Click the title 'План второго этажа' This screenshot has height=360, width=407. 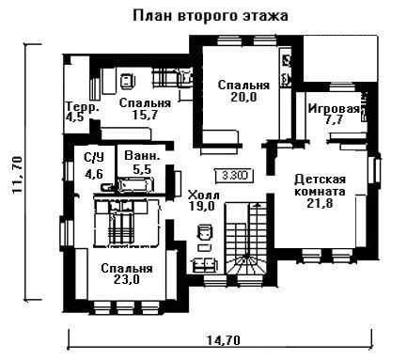(211, 16)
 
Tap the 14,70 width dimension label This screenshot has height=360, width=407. (224, 339)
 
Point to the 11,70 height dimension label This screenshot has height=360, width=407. (17, 175)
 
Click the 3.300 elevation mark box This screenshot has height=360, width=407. (235, 176)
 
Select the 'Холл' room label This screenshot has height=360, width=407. (203, 196)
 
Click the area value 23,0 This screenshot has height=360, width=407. (127, 279)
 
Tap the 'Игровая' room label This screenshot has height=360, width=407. (334, 109)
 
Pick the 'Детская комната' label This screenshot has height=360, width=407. (320, 185)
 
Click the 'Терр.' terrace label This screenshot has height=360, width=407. (83, 106)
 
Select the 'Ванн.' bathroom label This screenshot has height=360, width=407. (143, 156)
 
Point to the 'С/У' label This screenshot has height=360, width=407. (94, 158)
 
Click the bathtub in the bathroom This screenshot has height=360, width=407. (135, 184)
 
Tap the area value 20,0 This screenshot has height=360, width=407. (243, 98)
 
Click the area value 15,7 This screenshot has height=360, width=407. (145, 115)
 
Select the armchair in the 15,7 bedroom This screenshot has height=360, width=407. (128, 81)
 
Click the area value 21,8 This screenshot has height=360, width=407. (320, 203)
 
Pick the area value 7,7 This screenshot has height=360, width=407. (334, 120)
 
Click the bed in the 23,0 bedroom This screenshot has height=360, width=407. (128, 223)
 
